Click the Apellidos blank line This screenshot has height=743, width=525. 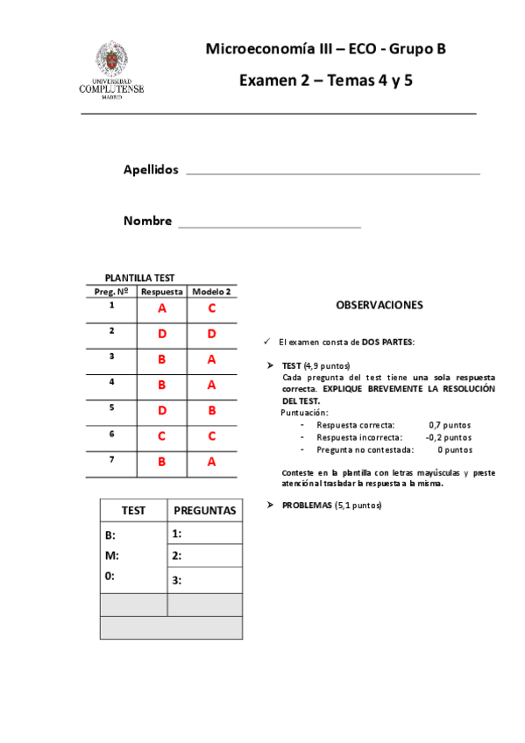[x=333, y=173]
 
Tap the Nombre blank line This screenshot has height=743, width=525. [x=270, y=225]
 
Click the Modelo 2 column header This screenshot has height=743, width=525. [x=212, y=292]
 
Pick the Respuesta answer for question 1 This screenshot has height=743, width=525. [x=162, y=308]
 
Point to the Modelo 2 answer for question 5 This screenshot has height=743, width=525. [x=212, y=410]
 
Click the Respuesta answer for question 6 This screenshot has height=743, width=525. [x=162, y=435]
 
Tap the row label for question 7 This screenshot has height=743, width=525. [x=111, y=458]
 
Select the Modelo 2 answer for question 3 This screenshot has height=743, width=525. [x=212, y=359]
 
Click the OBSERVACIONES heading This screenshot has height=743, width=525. [x=380, y=306]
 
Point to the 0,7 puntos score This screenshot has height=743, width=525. [x=450, y=424]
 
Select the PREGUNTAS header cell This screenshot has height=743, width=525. [x=205, y=510]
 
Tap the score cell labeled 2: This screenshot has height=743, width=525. [x=204, y=555]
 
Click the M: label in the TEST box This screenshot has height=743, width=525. [x=111, y=555]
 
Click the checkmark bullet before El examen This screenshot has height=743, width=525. [x=267, y=342]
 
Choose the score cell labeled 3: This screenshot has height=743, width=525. [x=204, y=580]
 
